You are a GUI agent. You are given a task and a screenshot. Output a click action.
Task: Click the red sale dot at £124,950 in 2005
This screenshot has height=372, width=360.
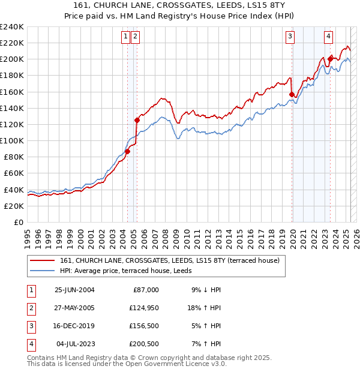[137, 120]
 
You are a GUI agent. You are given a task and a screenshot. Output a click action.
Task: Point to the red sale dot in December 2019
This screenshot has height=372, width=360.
[292, 94]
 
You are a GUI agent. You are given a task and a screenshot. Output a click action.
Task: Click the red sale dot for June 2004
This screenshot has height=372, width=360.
[127, 151]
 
